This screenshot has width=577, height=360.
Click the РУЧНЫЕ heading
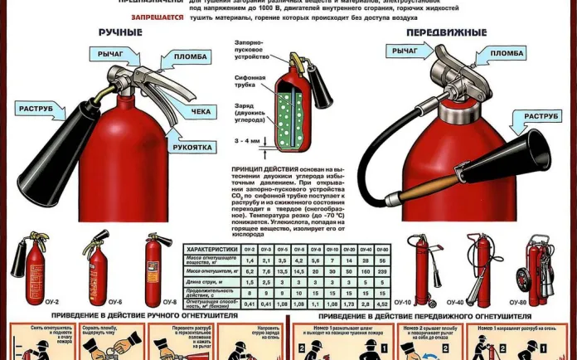120,33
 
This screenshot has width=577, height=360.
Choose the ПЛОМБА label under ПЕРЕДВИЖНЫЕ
507,53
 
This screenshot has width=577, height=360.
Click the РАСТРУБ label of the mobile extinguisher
540,116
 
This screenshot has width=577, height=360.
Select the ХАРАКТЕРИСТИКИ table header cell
211,249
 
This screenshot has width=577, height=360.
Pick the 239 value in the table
383,271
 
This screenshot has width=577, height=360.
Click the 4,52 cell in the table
383,304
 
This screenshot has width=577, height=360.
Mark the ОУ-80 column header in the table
383,249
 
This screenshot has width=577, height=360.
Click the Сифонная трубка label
248,81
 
